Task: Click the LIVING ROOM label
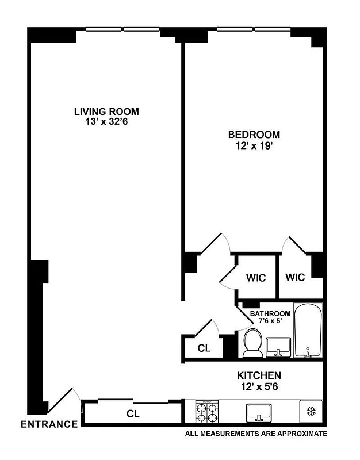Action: (106, 112)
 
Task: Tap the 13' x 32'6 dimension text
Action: (106, 122)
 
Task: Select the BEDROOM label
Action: (254, 135)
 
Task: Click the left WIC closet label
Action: (256, 278)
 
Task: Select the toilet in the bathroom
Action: (251, 343)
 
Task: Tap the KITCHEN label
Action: (259, 375)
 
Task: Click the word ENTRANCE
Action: (49, 425)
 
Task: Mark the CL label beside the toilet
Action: (204, 348)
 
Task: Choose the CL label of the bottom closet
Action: (133, 413)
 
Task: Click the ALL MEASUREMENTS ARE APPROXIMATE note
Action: (256, 434)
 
